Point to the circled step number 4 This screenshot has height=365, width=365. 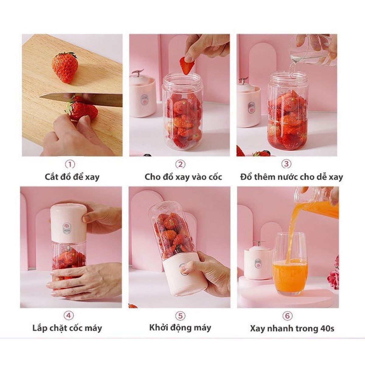[x=69, y=315]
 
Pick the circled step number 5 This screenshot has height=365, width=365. [x=180, y=315]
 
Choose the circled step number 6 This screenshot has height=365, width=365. [x=287, y=315]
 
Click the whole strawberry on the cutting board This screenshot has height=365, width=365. [x=65, y=68]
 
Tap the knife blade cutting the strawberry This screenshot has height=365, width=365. [x=81, y=99]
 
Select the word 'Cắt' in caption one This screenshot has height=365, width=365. [x=51, y=177]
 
